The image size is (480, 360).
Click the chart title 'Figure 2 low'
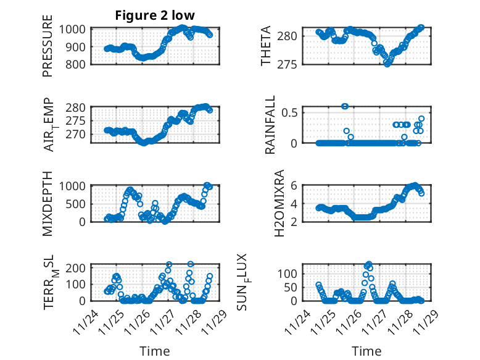(154, 16)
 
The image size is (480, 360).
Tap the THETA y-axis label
(266, 46)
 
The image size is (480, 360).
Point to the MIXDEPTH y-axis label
(48, 203)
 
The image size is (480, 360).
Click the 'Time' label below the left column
(154, 351)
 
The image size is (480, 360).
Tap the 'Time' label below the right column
(366, 351)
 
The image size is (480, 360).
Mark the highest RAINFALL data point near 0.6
(345, 106)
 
